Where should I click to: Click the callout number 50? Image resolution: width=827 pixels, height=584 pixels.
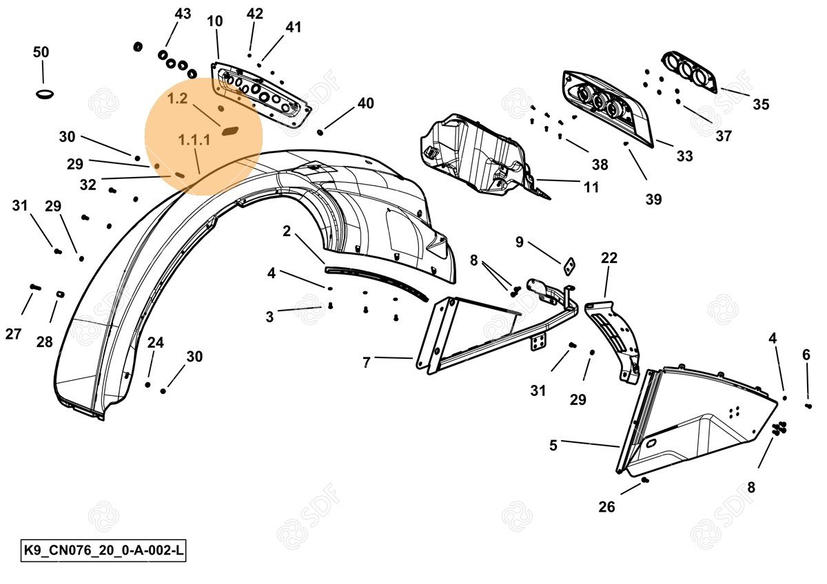point(41,52)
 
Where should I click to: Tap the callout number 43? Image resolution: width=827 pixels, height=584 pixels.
point(183,14)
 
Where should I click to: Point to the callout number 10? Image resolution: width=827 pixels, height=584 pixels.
point(215,21)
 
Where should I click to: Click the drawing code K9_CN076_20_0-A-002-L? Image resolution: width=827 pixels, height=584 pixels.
point(103,551)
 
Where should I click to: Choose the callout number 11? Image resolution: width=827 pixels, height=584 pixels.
point(591,187)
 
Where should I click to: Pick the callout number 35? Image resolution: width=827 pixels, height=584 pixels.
point(761,105)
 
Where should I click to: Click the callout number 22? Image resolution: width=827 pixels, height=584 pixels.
point(609,258)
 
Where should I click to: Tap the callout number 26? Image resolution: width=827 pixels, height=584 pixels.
point(606,507)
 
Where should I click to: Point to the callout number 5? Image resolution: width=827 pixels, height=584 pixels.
point(553,445)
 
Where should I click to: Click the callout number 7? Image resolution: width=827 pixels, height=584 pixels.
point(367,362)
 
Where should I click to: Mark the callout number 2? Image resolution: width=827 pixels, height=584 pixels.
point(287,231)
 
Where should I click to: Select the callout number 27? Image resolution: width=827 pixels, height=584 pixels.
point(14,334)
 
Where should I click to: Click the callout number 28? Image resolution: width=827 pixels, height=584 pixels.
point(45,341)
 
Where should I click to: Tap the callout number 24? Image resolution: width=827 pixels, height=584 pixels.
point(156,342)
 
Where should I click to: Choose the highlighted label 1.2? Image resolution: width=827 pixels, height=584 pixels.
point(177,98)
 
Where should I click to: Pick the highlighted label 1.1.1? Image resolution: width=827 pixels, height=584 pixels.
point(194,140)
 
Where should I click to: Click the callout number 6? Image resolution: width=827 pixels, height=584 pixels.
point(806,355)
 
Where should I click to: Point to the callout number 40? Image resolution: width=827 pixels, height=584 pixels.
point(365,103)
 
